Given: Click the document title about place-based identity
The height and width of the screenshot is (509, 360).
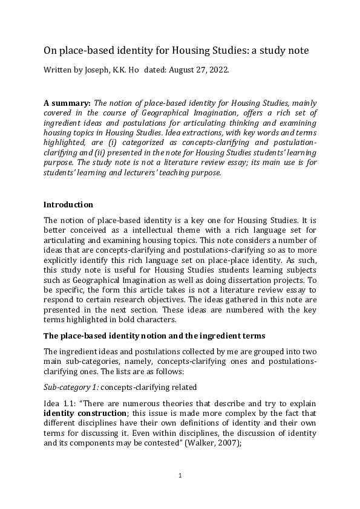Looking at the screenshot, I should point(177,51).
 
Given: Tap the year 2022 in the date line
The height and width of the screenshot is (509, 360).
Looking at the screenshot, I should point(217,70).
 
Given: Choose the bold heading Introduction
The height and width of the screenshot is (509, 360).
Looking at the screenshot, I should point(69,204).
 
